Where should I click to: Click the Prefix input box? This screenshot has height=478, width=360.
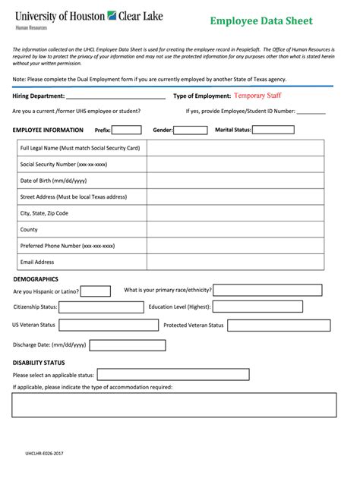[x=127, y=130]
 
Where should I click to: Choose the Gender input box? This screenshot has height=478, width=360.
[x=191, y=130]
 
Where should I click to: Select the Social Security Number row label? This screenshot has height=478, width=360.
[x=64, y=164]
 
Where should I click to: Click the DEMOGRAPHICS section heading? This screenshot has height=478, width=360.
[x=36, y=279]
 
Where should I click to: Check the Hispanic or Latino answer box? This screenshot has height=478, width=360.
[x=95, y=291]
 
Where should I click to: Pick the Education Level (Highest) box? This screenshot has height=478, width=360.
[x=257, y=307]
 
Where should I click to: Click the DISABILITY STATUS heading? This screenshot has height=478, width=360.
[x=39, y=363]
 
